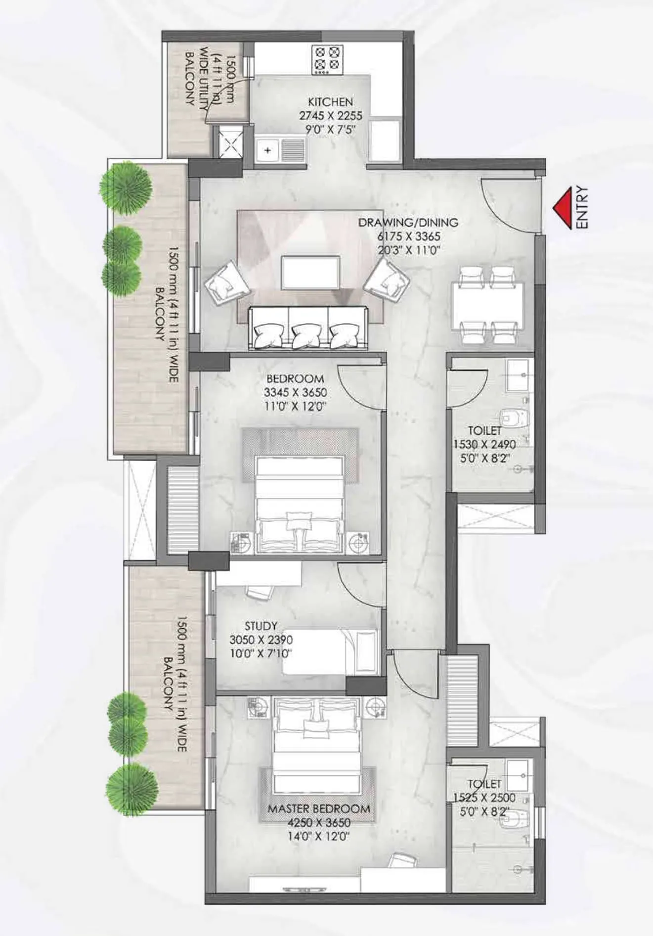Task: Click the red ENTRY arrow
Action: pyautogui.click(x=563, y=208)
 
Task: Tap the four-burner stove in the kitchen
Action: pyautogui.click(x=327, y=59)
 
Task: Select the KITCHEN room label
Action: pyautogui.click(x=330, y=102)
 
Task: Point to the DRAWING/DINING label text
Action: pyautogui.click(x=408, y=223)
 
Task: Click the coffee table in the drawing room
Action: pyautogui.click(x=310, y=273)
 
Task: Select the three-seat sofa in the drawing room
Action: pyautogui.click(x=308, y=328)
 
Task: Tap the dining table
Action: pyautogui.click(x=487, y=305)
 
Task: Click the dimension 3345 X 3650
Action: pyautogui.click(x=295, y=393)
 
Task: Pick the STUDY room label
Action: pyautogui.click(x=261, y=626)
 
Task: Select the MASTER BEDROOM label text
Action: pyautogui.click(x=319, y=809)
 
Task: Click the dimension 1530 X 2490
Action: pyautogui.click(x=484, y=444)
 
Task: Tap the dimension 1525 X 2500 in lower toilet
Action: pyautogui.click(x=484, y=798)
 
